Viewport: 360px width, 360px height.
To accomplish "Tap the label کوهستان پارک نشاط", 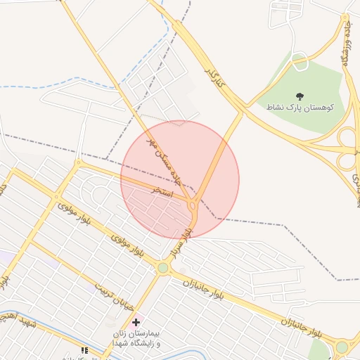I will pyautogui.click(x=300, y=108).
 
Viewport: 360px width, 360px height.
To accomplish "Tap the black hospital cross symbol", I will pyautogui.click(x=136, y=322).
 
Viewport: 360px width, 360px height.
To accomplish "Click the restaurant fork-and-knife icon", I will pyautogui.click(x=84, y=349).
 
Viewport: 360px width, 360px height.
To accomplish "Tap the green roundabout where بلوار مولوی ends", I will pyautogui.click(x=163, y=267).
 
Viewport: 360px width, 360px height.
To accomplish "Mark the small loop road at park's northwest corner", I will pyautogui.click(x=300, y=62).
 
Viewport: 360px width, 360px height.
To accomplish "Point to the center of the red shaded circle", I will pyautogui.click(x=180, y=180).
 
